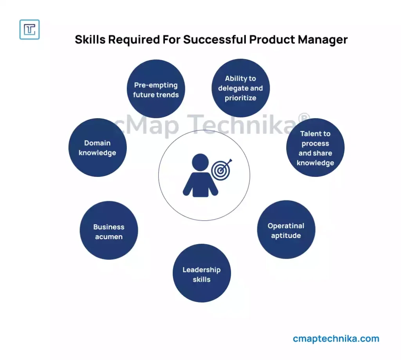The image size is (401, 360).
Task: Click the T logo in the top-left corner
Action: click(x=29, y=29)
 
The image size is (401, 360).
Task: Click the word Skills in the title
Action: click(x=90, y=40)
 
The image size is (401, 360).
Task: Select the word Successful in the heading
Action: click(x=215, y=40)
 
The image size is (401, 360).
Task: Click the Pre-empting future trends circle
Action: click(x=156, y=89)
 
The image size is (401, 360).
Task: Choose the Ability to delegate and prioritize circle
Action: click(x=241, y=88)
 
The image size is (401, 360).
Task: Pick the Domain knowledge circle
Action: click(x=98, y=148)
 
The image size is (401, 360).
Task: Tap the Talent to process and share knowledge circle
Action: click(x=315, y=148)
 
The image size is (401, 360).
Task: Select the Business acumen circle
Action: click(x=109, y=230)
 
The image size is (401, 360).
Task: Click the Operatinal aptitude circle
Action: click(x=286, y=229)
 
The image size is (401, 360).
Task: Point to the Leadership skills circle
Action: click(x=202, y=273)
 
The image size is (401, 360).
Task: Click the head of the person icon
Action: click(x=200, y=162)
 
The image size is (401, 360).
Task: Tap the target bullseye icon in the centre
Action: click(x=221, y=169)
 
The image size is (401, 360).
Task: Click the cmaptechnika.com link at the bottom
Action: click(x=336, y=338)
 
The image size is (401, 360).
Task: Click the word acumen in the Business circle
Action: click(x=109, y=237)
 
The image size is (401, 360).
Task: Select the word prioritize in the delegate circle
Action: click(x=241, y=98)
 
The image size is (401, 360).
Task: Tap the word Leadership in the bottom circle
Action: click(x=202, y=270)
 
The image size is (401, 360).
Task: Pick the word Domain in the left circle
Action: click(x=98, y=143)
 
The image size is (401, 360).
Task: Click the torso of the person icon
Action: click(x=200, y=184)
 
